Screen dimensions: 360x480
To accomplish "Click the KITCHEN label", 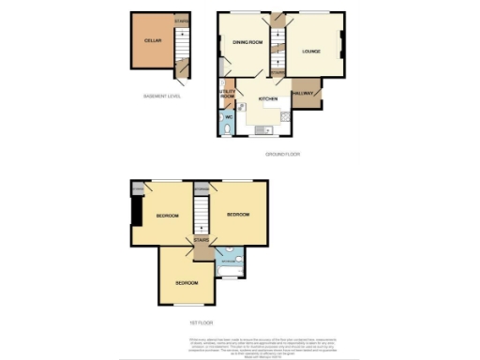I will pos(267,97).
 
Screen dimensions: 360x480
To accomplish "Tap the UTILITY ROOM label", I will pos(226,94).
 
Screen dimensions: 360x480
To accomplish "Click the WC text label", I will pos(227,118).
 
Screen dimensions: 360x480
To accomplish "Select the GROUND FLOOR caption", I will pos(281,153).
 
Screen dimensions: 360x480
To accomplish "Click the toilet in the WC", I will pos(228,129).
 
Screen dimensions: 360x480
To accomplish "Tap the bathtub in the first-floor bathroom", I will pos(228,273).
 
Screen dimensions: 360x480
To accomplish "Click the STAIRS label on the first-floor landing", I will pos(202,239).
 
